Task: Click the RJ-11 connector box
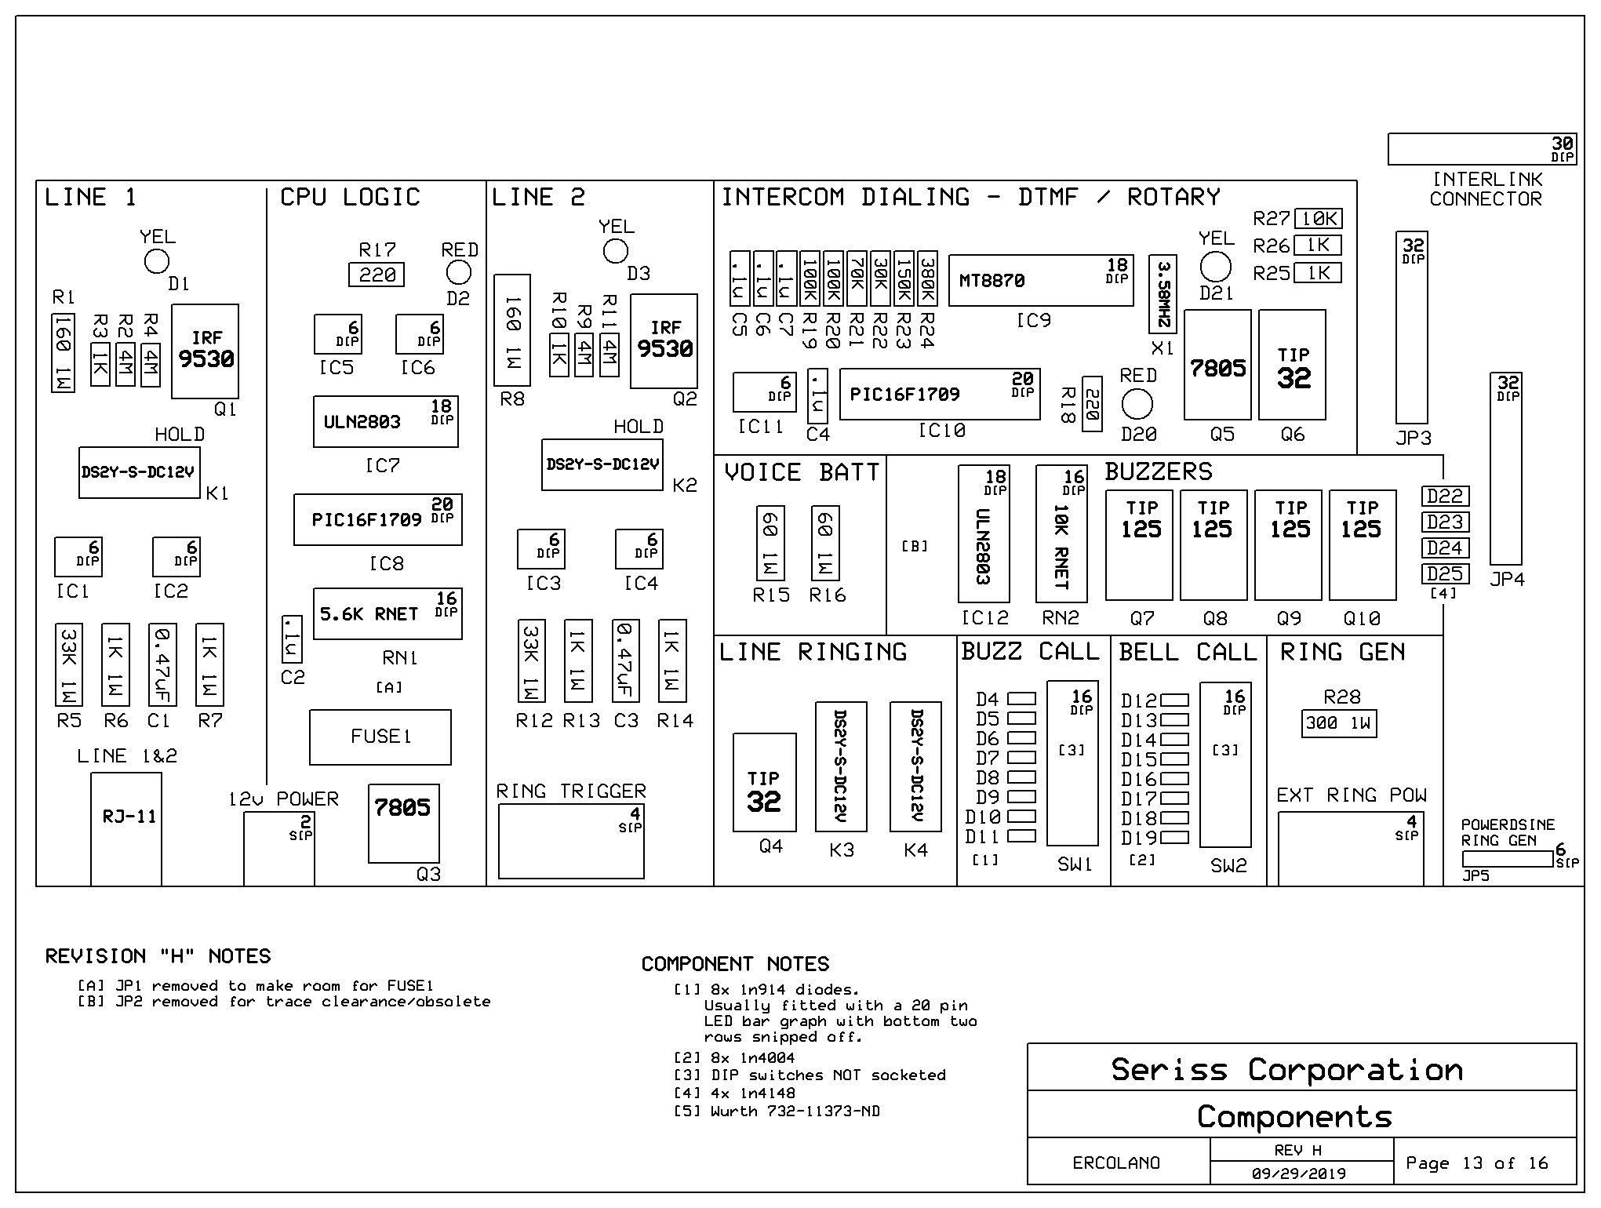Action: pyautogui.click(x=126, y=829)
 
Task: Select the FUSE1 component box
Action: pyautogui.click(x=380, y=737)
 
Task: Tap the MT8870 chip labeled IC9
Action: pyautogui.click(x=1041, y=280)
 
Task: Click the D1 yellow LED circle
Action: pyautogui.click(x=157, y=261)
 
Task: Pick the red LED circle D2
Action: pyautogui.click(x=459, y=272)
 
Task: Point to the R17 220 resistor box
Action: pyautogui.click(x=377, y=275)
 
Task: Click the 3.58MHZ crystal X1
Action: pyautogui.click(x=1163, y=294)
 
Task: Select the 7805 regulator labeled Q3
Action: pyautogui.click(x=404, y=824)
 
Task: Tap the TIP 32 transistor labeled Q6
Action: pyautogui.click(x=1293, y=365)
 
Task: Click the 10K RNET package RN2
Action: pyautogui.click(x=1061, y=534)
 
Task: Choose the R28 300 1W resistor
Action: pyautogui.click(x=1339, y=723)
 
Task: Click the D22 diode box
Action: pyautogui.click(x=1446, y=496)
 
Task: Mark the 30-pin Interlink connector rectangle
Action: pyautogui.click(x=1483, y=149)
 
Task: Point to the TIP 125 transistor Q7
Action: pyautogui.click(x=1139, y=545)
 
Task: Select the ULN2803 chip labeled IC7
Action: pyautogui.click(x=386, y=421)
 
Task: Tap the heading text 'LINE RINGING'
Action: pyautogui.click(x=813, y=653)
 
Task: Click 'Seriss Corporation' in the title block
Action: pyautogui.click(x=1287, y=1070)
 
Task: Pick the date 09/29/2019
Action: pyautogui.click(x=1299, y=1174)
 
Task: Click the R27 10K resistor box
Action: pyautogui.click(x=1319, y=219)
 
